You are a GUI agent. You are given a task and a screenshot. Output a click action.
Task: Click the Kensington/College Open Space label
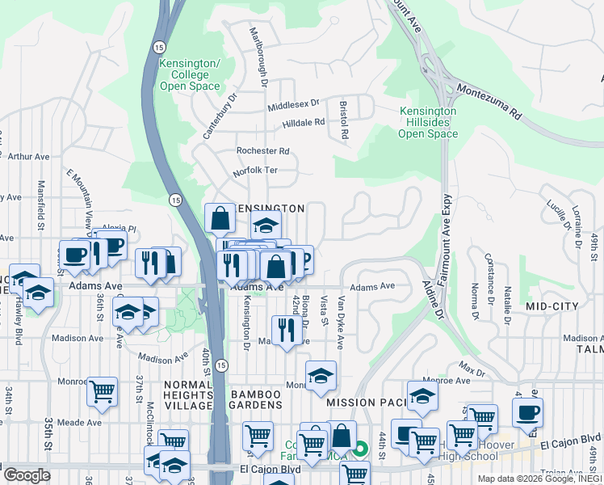pos(190,74)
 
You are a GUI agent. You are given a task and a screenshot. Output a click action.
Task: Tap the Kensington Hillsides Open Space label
pos(428,122)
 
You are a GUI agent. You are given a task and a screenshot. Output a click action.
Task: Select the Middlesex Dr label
pos(294,105)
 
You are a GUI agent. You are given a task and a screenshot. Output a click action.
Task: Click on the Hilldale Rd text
pos(303,123)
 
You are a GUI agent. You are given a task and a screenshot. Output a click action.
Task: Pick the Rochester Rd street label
pos(262,151)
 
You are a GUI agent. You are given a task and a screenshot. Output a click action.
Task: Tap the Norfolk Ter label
pos(255,171)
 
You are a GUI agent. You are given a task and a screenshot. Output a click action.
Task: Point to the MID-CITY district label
pos(552,306)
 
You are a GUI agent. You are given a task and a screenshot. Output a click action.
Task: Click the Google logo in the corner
pos(26,474)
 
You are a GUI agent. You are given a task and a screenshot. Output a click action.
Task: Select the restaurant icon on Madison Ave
pos(286,330)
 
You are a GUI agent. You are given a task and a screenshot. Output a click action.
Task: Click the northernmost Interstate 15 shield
pos(157,48)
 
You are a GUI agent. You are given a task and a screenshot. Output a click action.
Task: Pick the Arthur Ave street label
pos(28,157)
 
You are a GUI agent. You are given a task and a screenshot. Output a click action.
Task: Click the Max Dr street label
pos(472,370)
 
